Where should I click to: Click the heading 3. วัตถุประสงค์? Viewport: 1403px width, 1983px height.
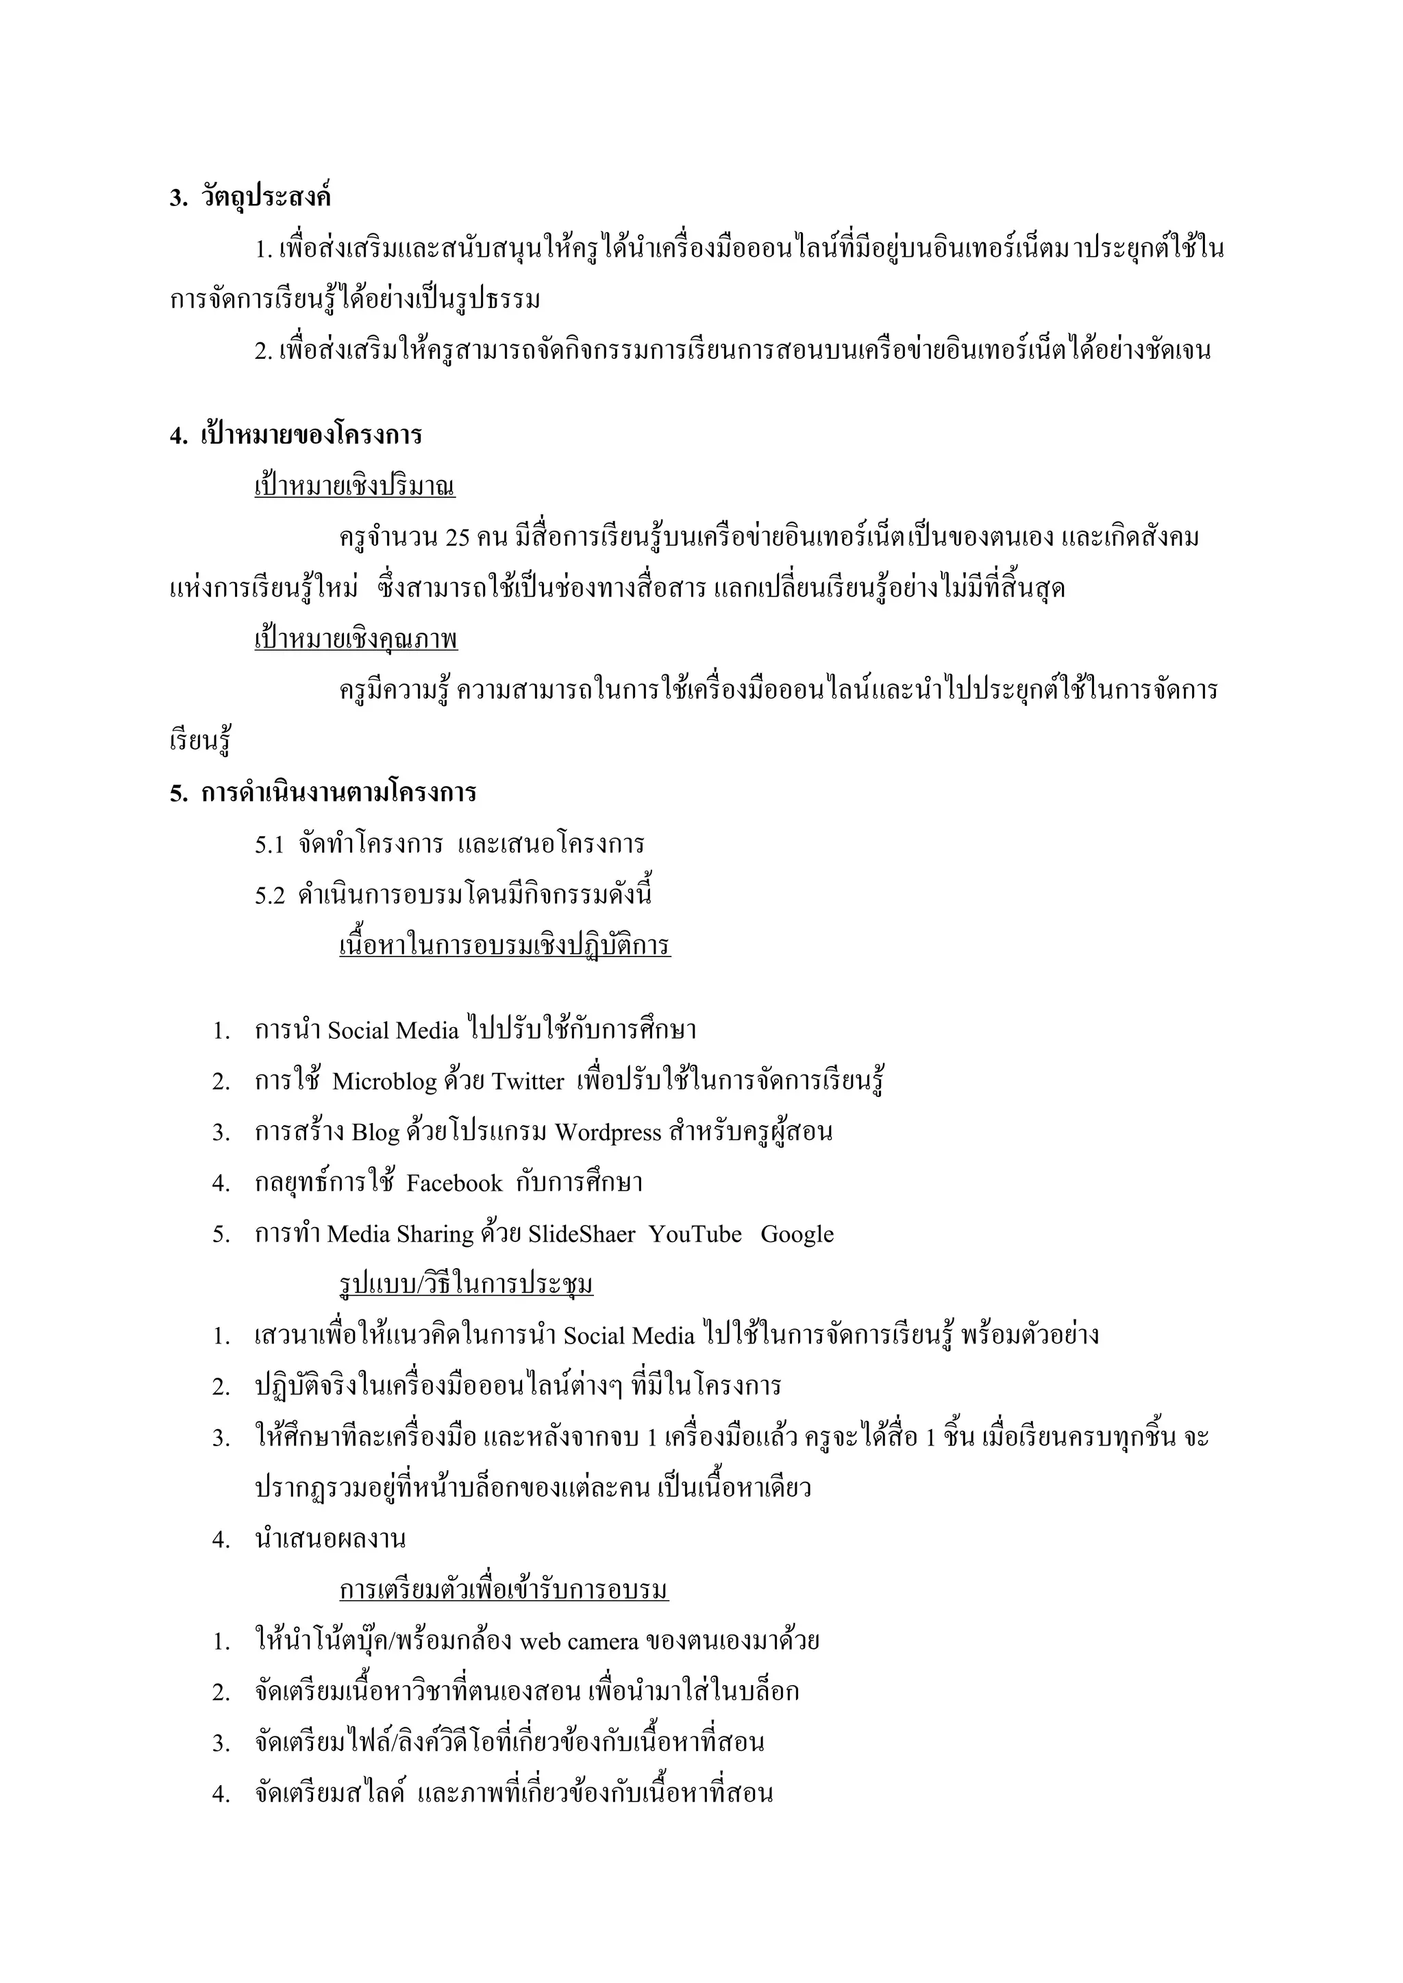[251, 198]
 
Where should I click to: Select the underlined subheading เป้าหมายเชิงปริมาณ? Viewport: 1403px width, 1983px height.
[354, 487]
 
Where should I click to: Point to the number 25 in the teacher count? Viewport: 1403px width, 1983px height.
[458, 538]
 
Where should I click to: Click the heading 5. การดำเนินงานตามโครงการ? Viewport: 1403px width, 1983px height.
[323, 793]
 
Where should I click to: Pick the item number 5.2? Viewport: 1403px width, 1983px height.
[269, 896]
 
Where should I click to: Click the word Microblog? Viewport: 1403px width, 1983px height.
[384, 1082]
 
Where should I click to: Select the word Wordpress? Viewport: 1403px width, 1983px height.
[608, 1133]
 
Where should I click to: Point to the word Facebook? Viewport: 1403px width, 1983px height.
[454, 1184]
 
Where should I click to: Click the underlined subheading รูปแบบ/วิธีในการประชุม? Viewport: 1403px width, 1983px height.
[466, 1286]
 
